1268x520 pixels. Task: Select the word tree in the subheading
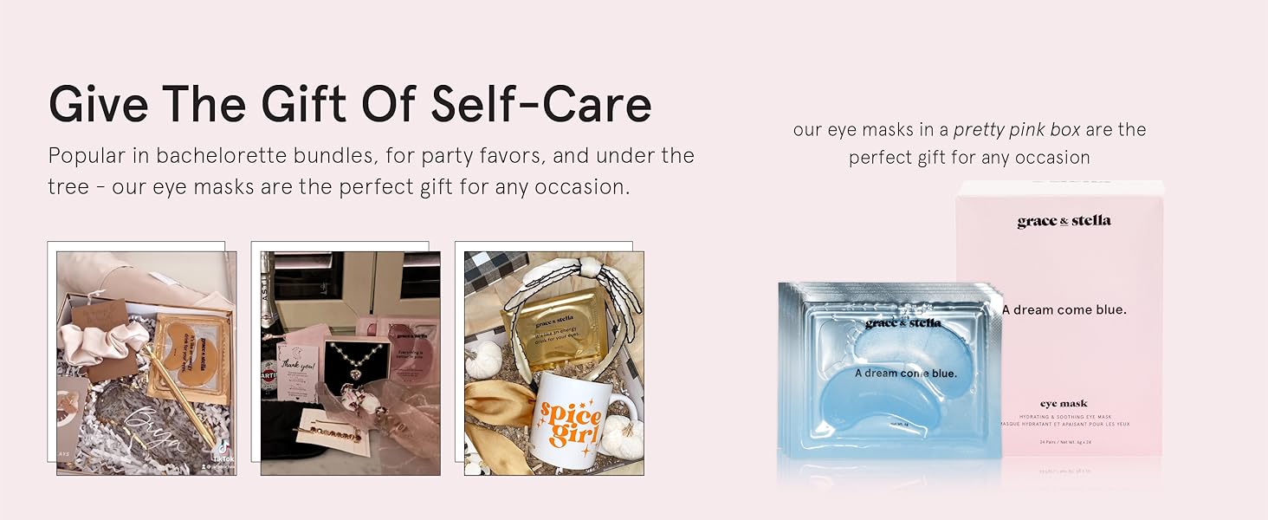click(x=68, y=186)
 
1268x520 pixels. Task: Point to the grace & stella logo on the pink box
click(x=1064, y=221)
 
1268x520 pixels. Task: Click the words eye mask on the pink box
click(x=1064, y=403)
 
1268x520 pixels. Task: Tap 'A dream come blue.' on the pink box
click(x=1064, y=309)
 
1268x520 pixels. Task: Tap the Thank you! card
click(x=299, y=364)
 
